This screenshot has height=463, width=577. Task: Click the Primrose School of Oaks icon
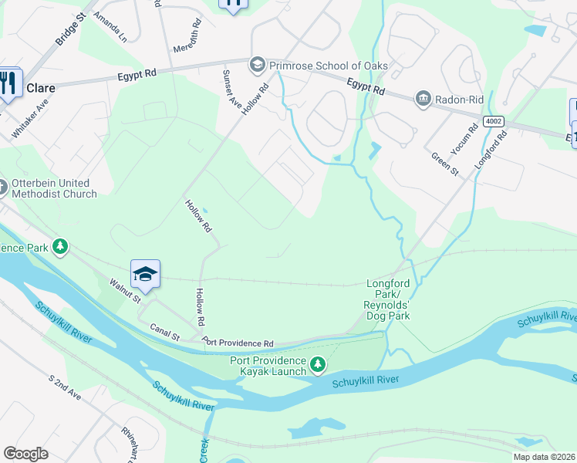click(x=257, y=66)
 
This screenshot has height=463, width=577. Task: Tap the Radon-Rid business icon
click(x=423, y=97)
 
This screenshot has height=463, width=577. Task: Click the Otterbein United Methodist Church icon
click(x=3, y=186)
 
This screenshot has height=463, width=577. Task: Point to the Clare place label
click(x=41, y=88)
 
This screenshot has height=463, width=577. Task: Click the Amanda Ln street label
click(x=110, y=26)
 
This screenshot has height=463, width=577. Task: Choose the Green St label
click(x=445, y=164)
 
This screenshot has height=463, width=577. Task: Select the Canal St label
click(x=165, y=332)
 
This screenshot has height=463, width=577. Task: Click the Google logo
click(x=25, y=454)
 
